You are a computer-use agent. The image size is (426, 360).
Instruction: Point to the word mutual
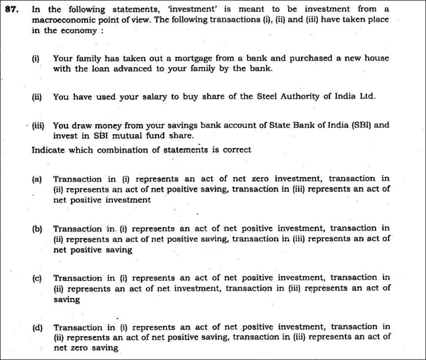tap(131, 136)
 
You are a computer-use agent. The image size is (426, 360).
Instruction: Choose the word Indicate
tap(49, 150)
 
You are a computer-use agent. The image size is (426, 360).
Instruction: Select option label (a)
tap(37, 179)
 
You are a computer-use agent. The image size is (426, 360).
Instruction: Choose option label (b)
tap(37, 229)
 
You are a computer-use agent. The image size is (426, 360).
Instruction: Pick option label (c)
tap(37, 278)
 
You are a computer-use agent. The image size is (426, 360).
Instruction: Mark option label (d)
tap(37, 328)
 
